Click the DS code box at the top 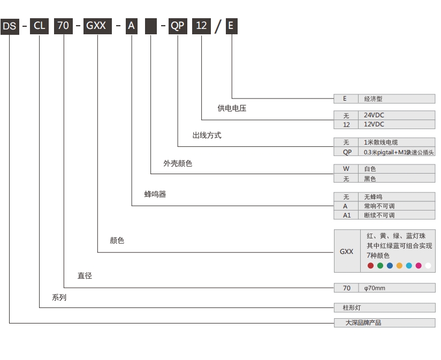[10, 26]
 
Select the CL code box [40, 26]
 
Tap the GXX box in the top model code [97, 26]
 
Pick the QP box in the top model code [178, 26]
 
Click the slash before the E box [217, 26]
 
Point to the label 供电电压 [232, 108]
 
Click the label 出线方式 [207, 136]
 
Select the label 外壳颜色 [178, 163]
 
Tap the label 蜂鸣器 [155, 194]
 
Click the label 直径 [85, 276]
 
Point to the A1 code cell [346, 215]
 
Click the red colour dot [370, 266]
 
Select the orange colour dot [399, 266]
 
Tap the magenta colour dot [419, 266]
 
